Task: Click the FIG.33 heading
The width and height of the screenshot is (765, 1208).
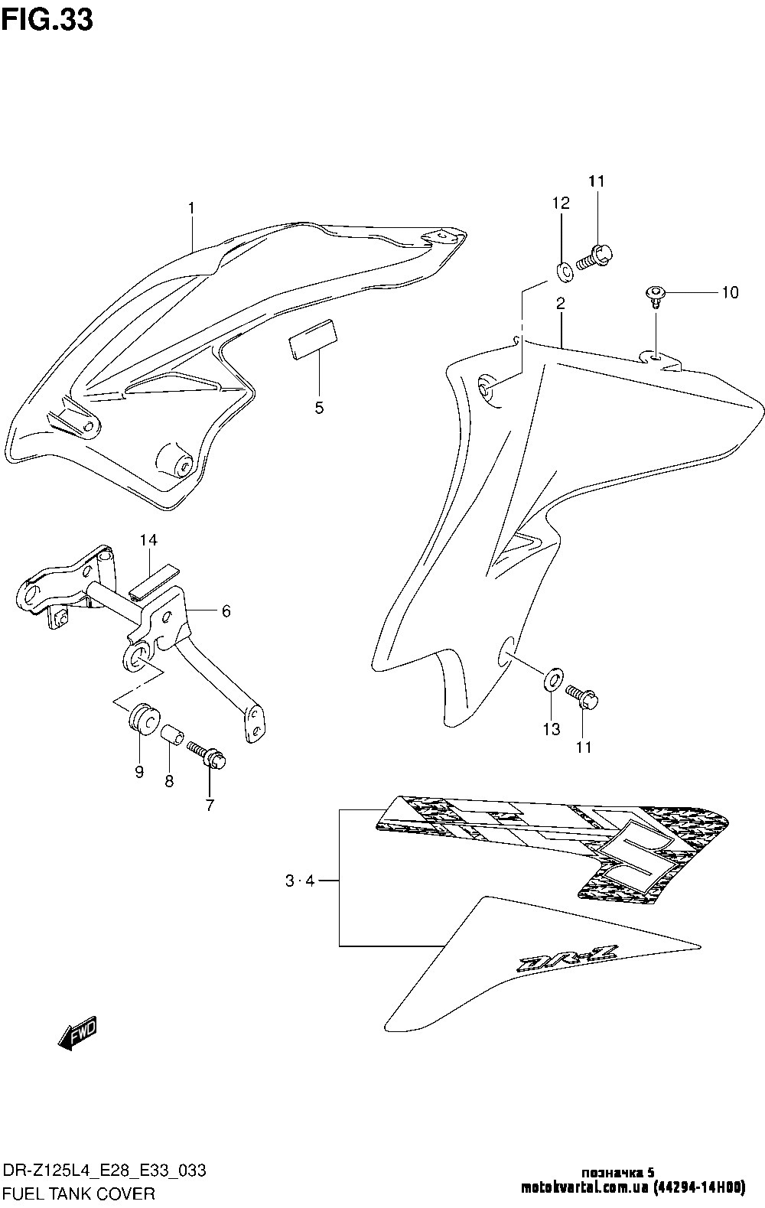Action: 47,21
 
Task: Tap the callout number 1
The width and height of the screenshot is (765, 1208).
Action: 191,207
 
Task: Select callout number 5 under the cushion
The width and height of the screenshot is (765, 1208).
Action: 319,408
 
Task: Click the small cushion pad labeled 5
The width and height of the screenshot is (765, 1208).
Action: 311,337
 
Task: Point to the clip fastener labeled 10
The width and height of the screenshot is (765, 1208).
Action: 656,292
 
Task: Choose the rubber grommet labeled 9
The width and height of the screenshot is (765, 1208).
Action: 142,719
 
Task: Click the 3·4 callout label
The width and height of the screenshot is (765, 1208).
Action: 299,881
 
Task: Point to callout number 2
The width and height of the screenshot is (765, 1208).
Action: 561,303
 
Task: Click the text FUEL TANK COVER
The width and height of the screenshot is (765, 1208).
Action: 79,1192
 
